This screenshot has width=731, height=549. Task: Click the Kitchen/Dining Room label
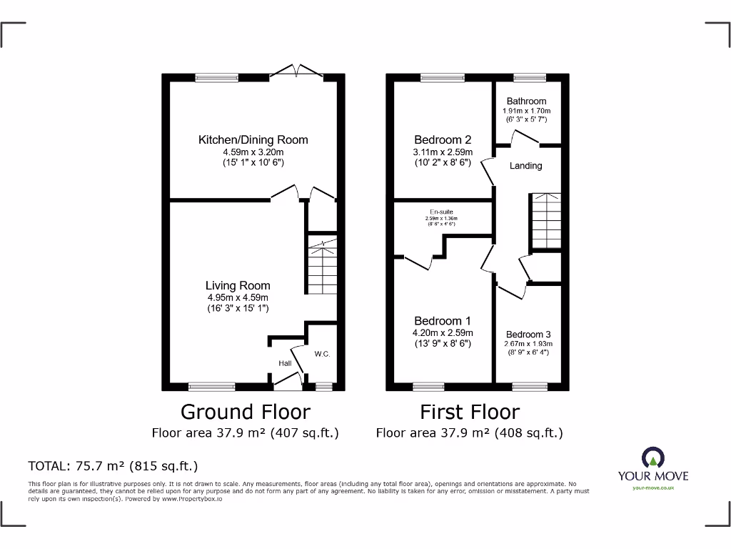(x=253, y=140)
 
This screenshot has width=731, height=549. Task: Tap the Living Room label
(x=238, y=286)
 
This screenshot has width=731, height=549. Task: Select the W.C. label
(x=321, y=354)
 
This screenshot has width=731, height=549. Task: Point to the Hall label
(x=285, y=364)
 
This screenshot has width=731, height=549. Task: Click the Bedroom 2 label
(x=443, y=140)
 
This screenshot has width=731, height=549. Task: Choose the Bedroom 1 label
(x=443, y=321)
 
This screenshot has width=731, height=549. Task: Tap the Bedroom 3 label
(x=528, y=335)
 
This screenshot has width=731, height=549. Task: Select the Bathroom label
(x=527, y=102)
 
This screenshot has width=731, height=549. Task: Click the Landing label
(x=525, y=166)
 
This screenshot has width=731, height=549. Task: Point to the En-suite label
(x=440, y=212)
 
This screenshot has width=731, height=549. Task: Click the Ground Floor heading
(x=245, y=412)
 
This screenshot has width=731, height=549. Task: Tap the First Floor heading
(x=469, y=412)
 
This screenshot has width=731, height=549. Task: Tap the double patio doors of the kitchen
(x=297, y=71)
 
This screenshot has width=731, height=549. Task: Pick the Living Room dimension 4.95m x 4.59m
(x=238, y=297)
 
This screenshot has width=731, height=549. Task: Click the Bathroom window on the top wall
(x=529, y=77)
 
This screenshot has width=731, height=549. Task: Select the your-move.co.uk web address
(x=652, y=488)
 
